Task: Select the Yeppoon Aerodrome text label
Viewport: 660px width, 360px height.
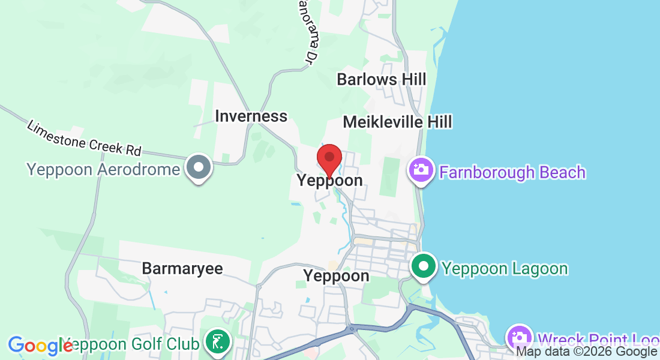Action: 103,169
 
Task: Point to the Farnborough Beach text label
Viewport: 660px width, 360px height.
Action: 512,172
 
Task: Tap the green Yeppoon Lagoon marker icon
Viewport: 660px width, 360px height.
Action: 424,266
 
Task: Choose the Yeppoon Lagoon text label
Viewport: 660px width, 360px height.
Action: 505,268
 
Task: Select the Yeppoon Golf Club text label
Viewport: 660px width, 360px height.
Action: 135,344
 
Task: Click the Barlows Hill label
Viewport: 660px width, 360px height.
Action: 381,79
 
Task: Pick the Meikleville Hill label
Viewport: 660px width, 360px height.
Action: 397,122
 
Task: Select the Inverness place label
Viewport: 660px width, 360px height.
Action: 251,116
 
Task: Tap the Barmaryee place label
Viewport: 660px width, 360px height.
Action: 182,268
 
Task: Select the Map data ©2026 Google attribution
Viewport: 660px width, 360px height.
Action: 586,352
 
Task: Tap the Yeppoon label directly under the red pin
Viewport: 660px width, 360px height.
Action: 329,181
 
